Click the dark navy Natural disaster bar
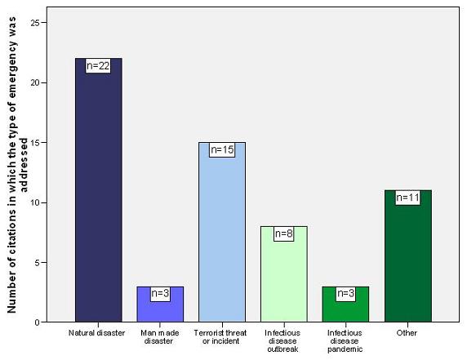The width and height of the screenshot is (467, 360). (x=98, y=196)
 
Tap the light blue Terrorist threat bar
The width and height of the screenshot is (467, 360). (x=222, y=237)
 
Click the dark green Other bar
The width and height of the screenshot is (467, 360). (x=407, y=261)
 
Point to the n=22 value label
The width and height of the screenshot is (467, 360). (x=98, y=65)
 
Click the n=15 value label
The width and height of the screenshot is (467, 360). (x=222, y=149)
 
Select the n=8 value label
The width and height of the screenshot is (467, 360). (x=283, y=233)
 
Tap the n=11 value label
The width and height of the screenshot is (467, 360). (x=407, y=198)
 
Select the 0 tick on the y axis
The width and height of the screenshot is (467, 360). (x=37, y=322)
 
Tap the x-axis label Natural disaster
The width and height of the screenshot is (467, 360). (x=98, y=333)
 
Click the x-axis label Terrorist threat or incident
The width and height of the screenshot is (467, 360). (x=222, y=337)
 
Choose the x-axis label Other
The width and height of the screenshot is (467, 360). (x=407, y=333)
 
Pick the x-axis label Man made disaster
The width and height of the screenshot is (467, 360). (x=160, y=337)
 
